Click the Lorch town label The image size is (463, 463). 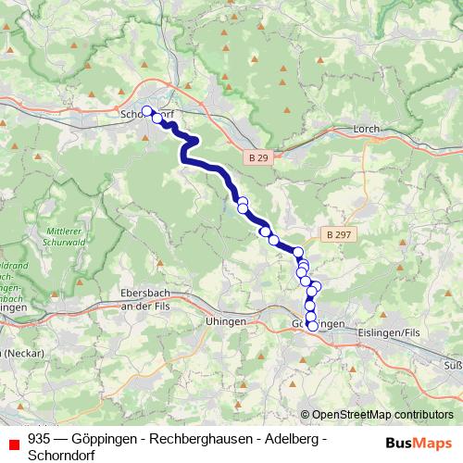pyautogui.click(x=368, y=131)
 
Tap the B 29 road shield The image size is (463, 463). pyautogui.click(x=259, y=158)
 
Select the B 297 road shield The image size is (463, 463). pyautogui.click(x=337, y=235)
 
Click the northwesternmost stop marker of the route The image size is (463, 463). pyautogui.click(x=146, y=111)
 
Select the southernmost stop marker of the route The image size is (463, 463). pyautogui.click(x=312, y=325)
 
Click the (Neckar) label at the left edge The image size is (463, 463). pyautogui.click(x=20, y=353)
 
